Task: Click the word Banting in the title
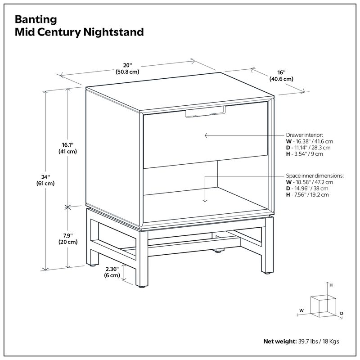36,19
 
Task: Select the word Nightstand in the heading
119,32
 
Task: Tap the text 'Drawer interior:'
305,135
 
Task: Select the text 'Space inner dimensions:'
315,176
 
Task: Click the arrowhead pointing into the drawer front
206,135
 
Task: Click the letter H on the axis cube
331,285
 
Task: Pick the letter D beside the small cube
342,313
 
